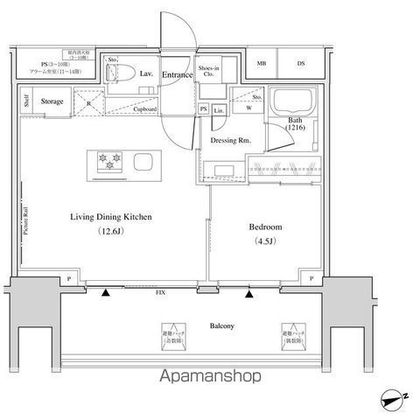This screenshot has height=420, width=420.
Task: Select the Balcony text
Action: point(220,326)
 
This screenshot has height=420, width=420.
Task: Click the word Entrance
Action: point(178,75)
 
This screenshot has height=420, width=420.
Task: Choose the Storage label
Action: point(52,102)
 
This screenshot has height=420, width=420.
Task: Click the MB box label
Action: point(262,63)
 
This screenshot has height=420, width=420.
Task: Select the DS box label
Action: point(302,63)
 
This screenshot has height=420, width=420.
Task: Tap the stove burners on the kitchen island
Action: point(111,161)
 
